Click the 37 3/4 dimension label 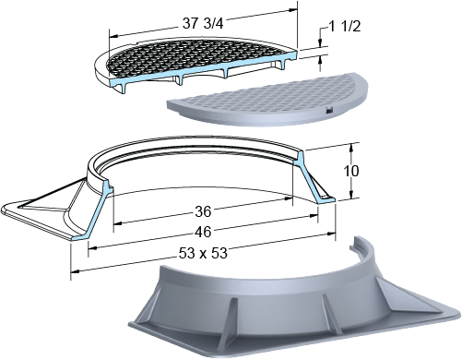[203, 23]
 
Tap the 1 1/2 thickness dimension [345, 27]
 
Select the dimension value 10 [350, 171]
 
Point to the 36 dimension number [203, 211]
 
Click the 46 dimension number [203, 232]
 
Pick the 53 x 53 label [203, 253]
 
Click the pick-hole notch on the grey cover [329, 110]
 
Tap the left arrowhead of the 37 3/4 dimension [113, 36]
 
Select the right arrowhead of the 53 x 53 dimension [331, 234]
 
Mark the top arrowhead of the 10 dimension [351, 148]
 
